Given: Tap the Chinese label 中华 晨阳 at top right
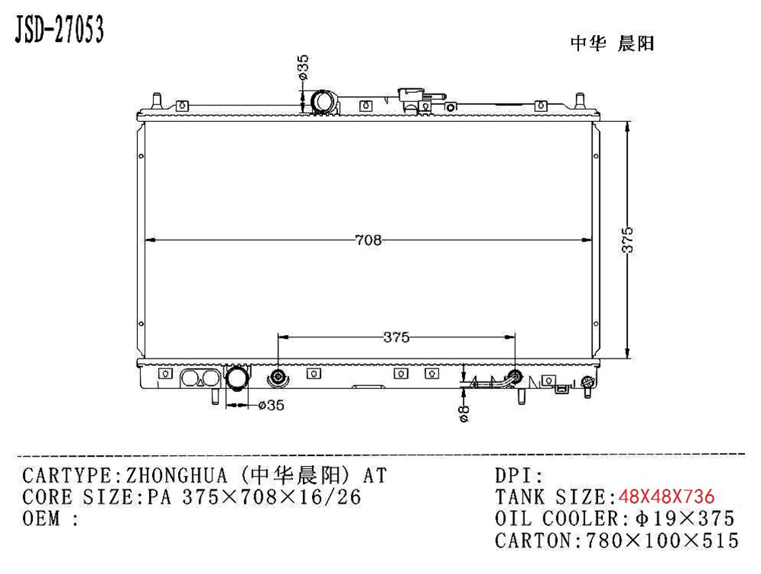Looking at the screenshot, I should pyautogui.click(x=612, y=43).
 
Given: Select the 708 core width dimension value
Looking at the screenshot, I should pyautogui.click(x=368, y=241).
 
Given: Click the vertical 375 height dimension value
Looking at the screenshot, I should pyautogui.click(x=629, y=241).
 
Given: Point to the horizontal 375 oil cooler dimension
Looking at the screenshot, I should pyautogui.click(x=396, y=336).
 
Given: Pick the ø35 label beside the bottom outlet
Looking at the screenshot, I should pyautogui.click(x=271, y=406).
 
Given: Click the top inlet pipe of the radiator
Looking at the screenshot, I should pyautogui.click(x=323, y=102).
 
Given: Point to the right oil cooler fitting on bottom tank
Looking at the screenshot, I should pyautogui.click(x=516, y=376).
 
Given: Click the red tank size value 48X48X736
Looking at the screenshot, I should pyautogui.click(x=667, y=498).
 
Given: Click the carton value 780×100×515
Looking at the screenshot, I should pyautogui.click(x=661, y=541).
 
